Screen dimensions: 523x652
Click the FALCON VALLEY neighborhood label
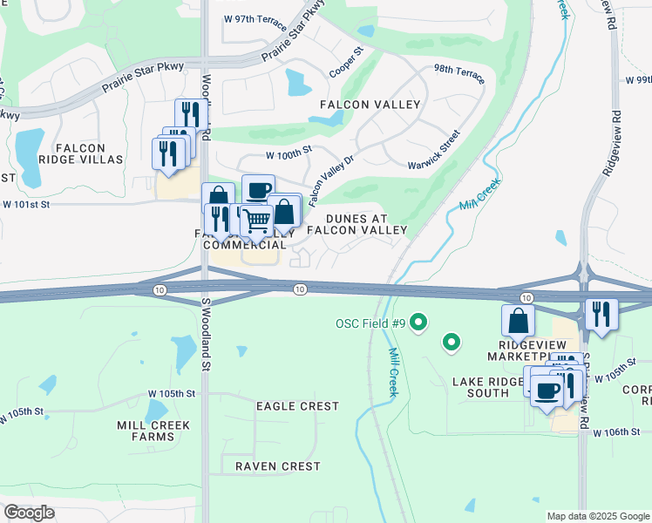(370, 105)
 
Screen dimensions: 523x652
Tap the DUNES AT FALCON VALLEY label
(366, 224)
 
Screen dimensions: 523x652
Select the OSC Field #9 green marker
(418, 323)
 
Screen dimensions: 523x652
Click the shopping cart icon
(255, 222)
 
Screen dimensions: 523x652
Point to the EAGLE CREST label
(297, 406)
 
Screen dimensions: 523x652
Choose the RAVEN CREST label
(277, 466)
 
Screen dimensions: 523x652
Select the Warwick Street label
(434, 152)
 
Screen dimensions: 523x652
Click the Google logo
(29, 513)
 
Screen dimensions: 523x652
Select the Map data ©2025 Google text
(598, 516)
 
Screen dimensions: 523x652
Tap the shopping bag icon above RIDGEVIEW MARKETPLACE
(518, 320)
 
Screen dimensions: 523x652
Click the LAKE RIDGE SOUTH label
(486, 387)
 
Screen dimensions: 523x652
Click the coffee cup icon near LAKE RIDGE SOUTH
(547, 391)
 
